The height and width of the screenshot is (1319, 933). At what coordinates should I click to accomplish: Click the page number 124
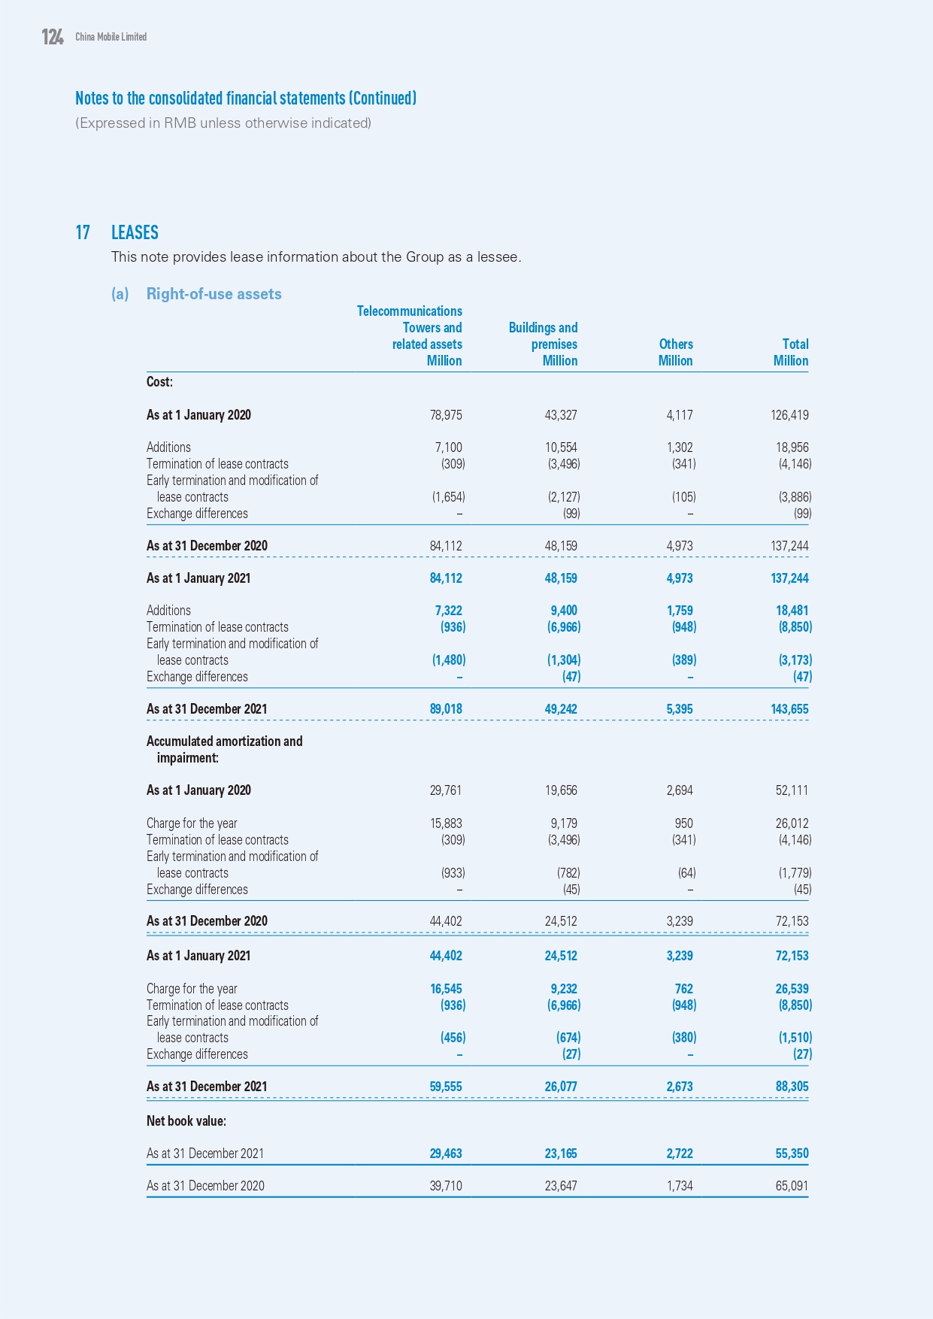(x=53, y=37)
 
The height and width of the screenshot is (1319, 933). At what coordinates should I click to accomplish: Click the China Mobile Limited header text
(x=111, y=37)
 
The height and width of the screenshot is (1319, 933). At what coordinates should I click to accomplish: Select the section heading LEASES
(x=135, y=232)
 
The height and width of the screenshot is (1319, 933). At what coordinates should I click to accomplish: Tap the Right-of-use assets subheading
(x=214, y=294)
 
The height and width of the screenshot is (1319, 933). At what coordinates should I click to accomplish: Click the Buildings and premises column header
(x=543, y=344)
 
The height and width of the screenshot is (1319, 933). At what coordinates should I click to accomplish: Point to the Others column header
(x=676, y=352)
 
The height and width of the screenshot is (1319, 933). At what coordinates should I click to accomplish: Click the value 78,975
(x=446, y=415)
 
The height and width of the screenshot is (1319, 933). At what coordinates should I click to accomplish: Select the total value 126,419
(x=789, y=415)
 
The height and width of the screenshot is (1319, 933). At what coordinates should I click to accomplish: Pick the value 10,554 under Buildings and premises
(x=561, y=447)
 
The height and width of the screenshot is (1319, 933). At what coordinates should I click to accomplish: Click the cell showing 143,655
(x=789, y=709)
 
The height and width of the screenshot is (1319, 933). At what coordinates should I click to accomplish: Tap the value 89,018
(x=446, y=709)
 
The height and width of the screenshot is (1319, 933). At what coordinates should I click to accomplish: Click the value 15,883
(x=446, y=823)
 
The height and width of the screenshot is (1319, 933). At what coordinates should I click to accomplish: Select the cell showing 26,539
(x=792, y=989)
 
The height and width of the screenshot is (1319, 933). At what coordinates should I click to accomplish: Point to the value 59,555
(x=446, y=1087)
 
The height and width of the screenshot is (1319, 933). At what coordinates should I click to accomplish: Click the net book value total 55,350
(x=792, y=1154)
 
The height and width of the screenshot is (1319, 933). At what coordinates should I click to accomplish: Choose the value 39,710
(x=446, y=1186)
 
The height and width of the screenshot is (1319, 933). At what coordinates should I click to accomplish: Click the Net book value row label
(x=186, y=1121)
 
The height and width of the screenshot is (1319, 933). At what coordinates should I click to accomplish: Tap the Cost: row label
(x=159, y=382)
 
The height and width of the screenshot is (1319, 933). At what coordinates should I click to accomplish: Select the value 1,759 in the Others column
(x=679, y=611)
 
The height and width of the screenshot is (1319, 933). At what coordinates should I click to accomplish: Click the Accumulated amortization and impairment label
(x=224, y=749)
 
